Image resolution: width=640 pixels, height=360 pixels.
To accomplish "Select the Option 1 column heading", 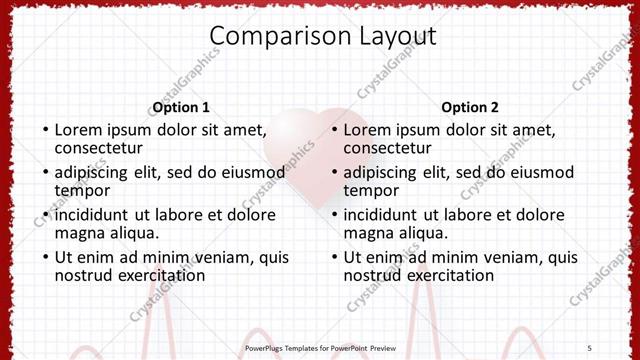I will click(x=181, y=107).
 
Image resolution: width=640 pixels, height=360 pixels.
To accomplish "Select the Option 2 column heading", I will click(x=470, y=107).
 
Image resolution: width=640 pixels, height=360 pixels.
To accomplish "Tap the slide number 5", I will click(x=589, y=347).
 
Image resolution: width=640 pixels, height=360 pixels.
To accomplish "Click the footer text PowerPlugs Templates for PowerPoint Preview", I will click(x=320, y=347).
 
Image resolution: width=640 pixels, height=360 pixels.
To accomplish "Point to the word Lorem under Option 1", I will click(x=78, y=129).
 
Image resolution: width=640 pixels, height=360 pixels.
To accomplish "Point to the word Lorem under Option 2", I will click(x=367, y=129).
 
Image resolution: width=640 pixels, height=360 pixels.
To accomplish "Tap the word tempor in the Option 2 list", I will click(x=372, y=190).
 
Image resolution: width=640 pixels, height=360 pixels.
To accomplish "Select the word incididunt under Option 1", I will click(x=93, y=215).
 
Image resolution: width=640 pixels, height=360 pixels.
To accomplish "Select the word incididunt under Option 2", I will click(x=382, y=215).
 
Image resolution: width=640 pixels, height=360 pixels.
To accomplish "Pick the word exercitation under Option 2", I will click(x=449, y=275).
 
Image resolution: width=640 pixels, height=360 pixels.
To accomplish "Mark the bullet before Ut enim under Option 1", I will click(x=45, y=258).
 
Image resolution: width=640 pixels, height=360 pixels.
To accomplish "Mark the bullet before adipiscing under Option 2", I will click(x=334, y=172).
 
